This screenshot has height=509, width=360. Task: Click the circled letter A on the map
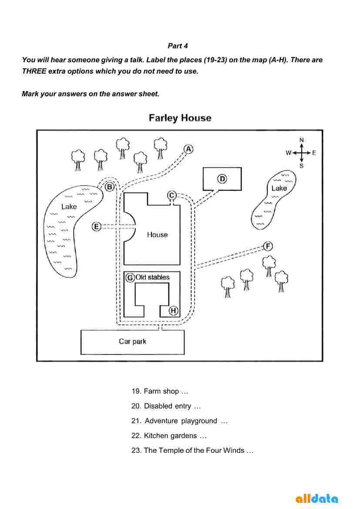188,149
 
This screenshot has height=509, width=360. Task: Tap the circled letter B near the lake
110,187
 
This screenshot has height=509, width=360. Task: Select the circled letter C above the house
172,195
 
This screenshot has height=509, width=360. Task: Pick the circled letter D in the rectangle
222,179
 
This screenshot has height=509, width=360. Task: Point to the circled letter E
97,226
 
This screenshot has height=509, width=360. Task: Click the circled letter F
268,246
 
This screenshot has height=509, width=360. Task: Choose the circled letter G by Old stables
130,277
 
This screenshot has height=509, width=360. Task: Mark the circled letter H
173,310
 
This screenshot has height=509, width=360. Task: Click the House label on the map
157,235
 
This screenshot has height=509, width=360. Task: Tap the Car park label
132,341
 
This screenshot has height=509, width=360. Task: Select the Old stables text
152,277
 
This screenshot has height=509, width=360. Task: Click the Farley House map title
180,118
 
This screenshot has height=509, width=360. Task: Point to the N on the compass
302,140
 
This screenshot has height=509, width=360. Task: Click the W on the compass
288,153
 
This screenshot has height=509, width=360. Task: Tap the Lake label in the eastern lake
279,188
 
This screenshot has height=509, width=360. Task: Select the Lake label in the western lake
69,207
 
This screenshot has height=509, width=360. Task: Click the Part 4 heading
178,46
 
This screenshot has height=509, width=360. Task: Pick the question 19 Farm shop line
160,391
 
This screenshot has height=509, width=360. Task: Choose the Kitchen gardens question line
169,436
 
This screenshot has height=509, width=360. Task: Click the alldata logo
317,499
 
